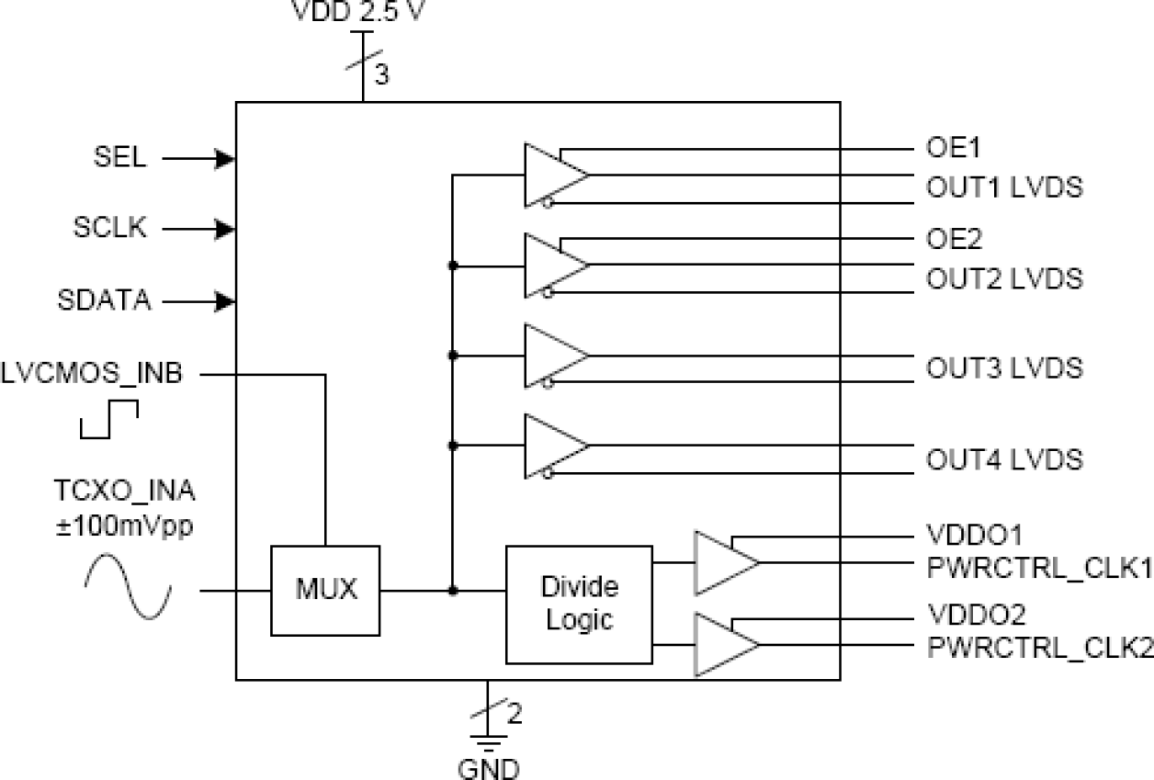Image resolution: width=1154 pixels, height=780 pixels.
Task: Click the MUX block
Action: (x=325, y=590)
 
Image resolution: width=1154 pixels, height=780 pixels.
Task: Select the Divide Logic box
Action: (x=579, y=604)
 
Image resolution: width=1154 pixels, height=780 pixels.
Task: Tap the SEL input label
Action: (x=119, y=157)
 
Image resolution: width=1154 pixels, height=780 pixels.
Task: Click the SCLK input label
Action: (x=110, y=229)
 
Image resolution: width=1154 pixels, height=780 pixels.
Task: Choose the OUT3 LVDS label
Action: (x=1004, y=367)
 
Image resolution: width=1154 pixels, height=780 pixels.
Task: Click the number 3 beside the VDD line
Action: (x=381, y=74)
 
